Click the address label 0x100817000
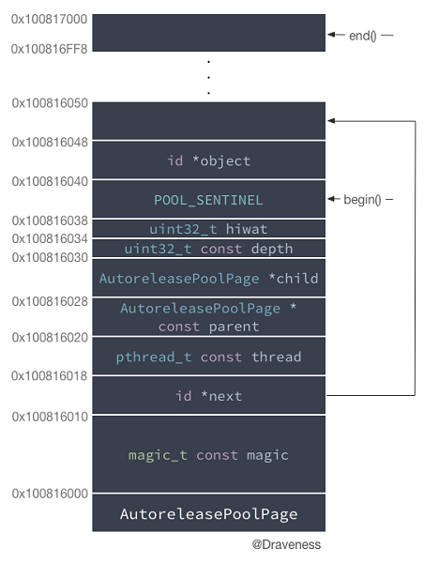click(x=50, y=18)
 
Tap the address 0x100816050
click(x=50, y=102)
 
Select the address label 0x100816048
click(x=50, y=142)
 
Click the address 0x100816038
click(x=50, y=220)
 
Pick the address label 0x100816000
click(x=50, y=493)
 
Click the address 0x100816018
click(x=50, y=375)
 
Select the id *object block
click(x=208, y=160)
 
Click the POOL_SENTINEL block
click(x=208, y=200)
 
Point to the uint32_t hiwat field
click(x=208, y=228)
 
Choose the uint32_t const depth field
click(x=208, y=249)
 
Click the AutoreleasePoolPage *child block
click(x=208, y=279)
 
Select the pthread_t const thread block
click(x=208, y=357)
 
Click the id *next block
click(x=208, y=396)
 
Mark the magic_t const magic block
click(x=208, y=455)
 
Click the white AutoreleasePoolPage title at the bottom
click(x=208, y=514)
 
